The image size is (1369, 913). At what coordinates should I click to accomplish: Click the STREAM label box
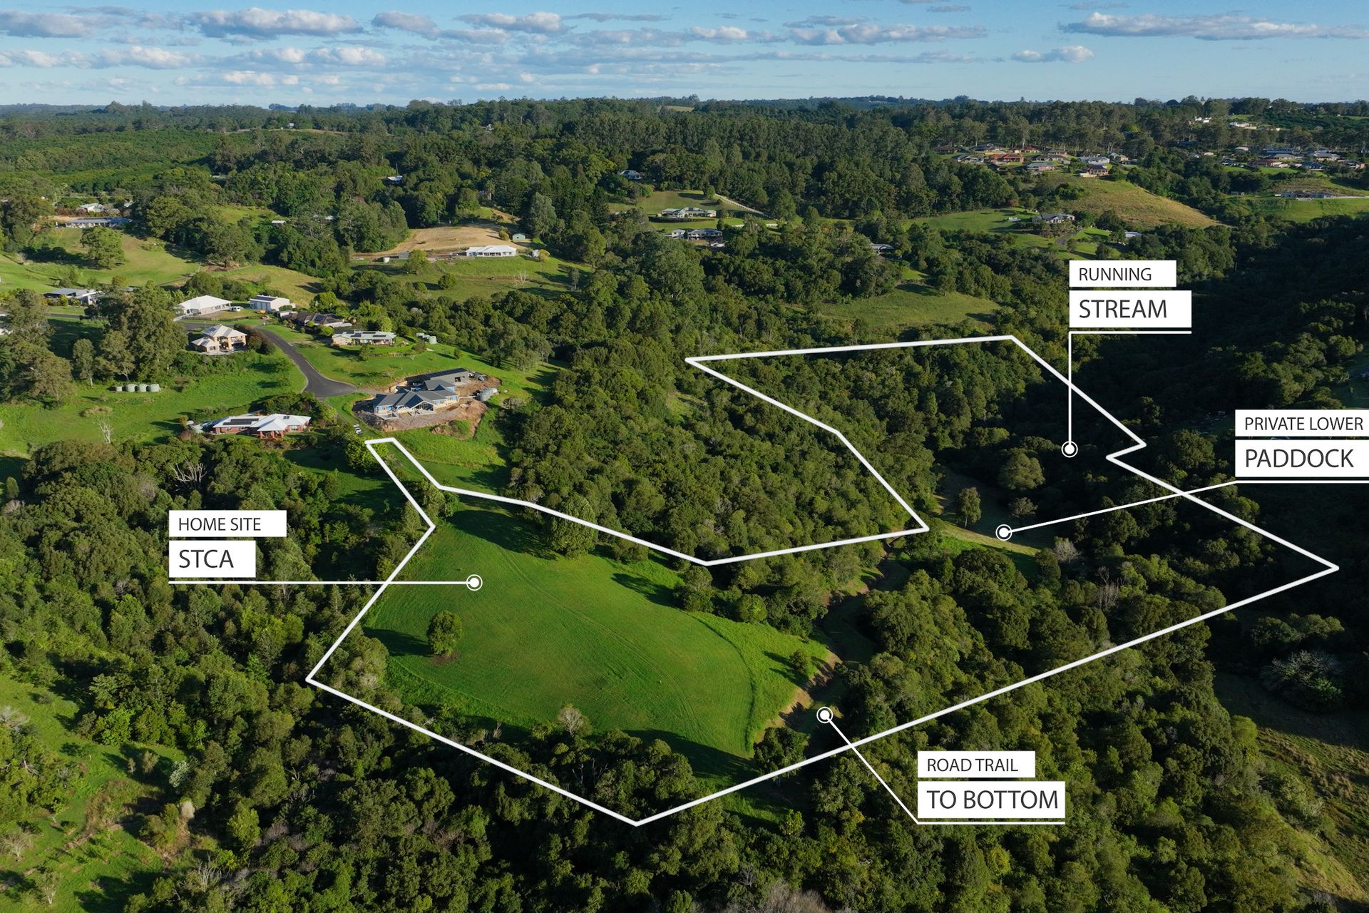pos(1130,310)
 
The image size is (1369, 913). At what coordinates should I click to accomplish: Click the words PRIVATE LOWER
pos(1303,424)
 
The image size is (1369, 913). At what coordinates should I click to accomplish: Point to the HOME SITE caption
pos(220,524)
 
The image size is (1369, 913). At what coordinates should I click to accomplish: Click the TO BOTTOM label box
pos(992,800)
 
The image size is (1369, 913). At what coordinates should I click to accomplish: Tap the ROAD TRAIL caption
pos(972,765)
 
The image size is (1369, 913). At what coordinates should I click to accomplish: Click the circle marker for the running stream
pos(1069,449)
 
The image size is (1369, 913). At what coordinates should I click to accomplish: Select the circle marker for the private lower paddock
pos(1003,531)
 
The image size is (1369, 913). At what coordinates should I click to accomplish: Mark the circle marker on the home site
pos(474,583)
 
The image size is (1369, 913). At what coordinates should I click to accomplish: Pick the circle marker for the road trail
pos(825,715)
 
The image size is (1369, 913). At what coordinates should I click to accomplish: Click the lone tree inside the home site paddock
pos(443,632)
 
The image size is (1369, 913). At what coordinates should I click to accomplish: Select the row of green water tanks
pos(138,388)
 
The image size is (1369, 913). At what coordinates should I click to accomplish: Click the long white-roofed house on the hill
pos(491,251)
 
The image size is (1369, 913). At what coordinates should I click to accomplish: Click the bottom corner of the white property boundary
pos(635,824)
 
